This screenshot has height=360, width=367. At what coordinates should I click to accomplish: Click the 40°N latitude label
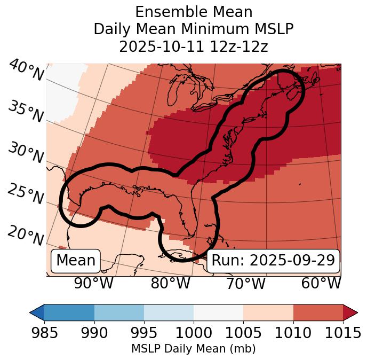26,71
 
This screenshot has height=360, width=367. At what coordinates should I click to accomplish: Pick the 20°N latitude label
26,235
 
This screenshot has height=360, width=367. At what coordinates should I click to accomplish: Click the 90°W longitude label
94,283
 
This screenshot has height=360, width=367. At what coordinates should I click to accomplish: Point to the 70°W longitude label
245,283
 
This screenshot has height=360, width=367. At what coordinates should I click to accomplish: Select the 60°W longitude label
321,283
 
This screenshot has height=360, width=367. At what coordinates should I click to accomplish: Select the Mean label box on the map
76,261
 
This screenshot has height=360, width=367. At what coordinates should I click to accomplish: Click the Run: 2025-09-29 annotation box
273,261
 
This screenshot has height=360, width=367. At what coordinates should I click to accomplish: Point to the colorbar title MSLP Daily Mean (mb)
193,349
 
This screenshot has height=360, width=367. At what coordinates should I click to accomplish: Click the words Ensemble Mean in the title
194,12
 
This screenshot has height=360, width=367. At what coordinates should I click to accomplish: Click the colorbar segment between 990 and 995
119,312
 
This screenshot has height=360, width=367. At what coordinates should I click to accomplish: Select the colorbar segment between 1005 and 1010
268,312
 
